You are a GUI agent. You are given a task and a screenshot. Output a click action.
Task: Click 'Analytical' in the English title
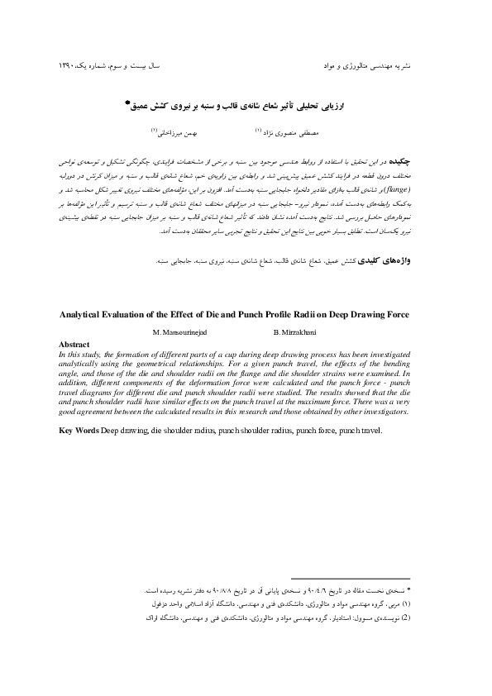88,314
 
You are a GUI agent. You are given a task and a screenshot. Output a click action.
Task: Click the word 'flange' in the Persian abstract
413,188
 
